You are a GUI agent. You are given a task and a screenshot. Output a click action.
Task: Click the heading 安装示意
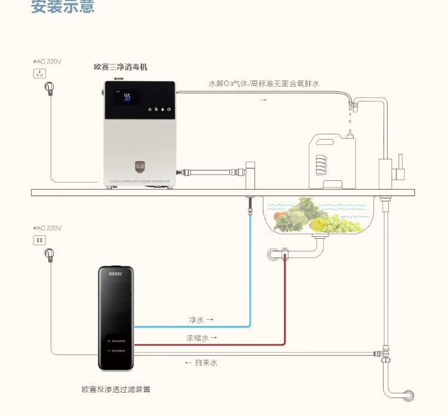[x=63, y=8]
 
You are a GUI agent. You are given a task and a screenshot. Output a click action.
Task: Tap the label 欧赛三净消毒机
[x=120, y=68]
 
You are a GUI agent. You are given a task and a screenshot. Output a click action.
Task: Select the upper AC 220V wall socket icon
[x=40, y=74]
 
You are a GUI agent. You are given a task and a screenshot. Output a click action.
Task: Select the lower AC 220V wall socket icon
[x=40, y=241]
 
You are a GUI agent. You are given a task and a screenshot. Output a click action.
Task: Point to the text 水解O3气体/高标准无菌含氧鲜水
[x=263, y=84]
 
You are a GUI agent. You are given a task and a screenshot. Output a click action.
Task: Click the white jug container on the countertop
[x=330, y=159]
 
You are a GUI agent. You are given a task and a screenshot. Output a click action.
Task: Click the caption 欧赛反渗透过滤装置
[x=116, y=389]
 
